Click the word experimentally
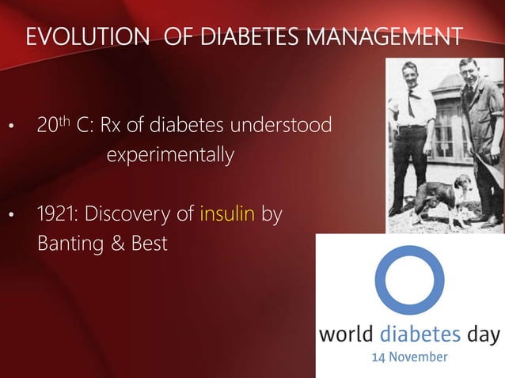170,154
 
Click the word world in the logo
345,334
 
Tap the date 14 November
409,357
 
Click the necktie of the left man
410,103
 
